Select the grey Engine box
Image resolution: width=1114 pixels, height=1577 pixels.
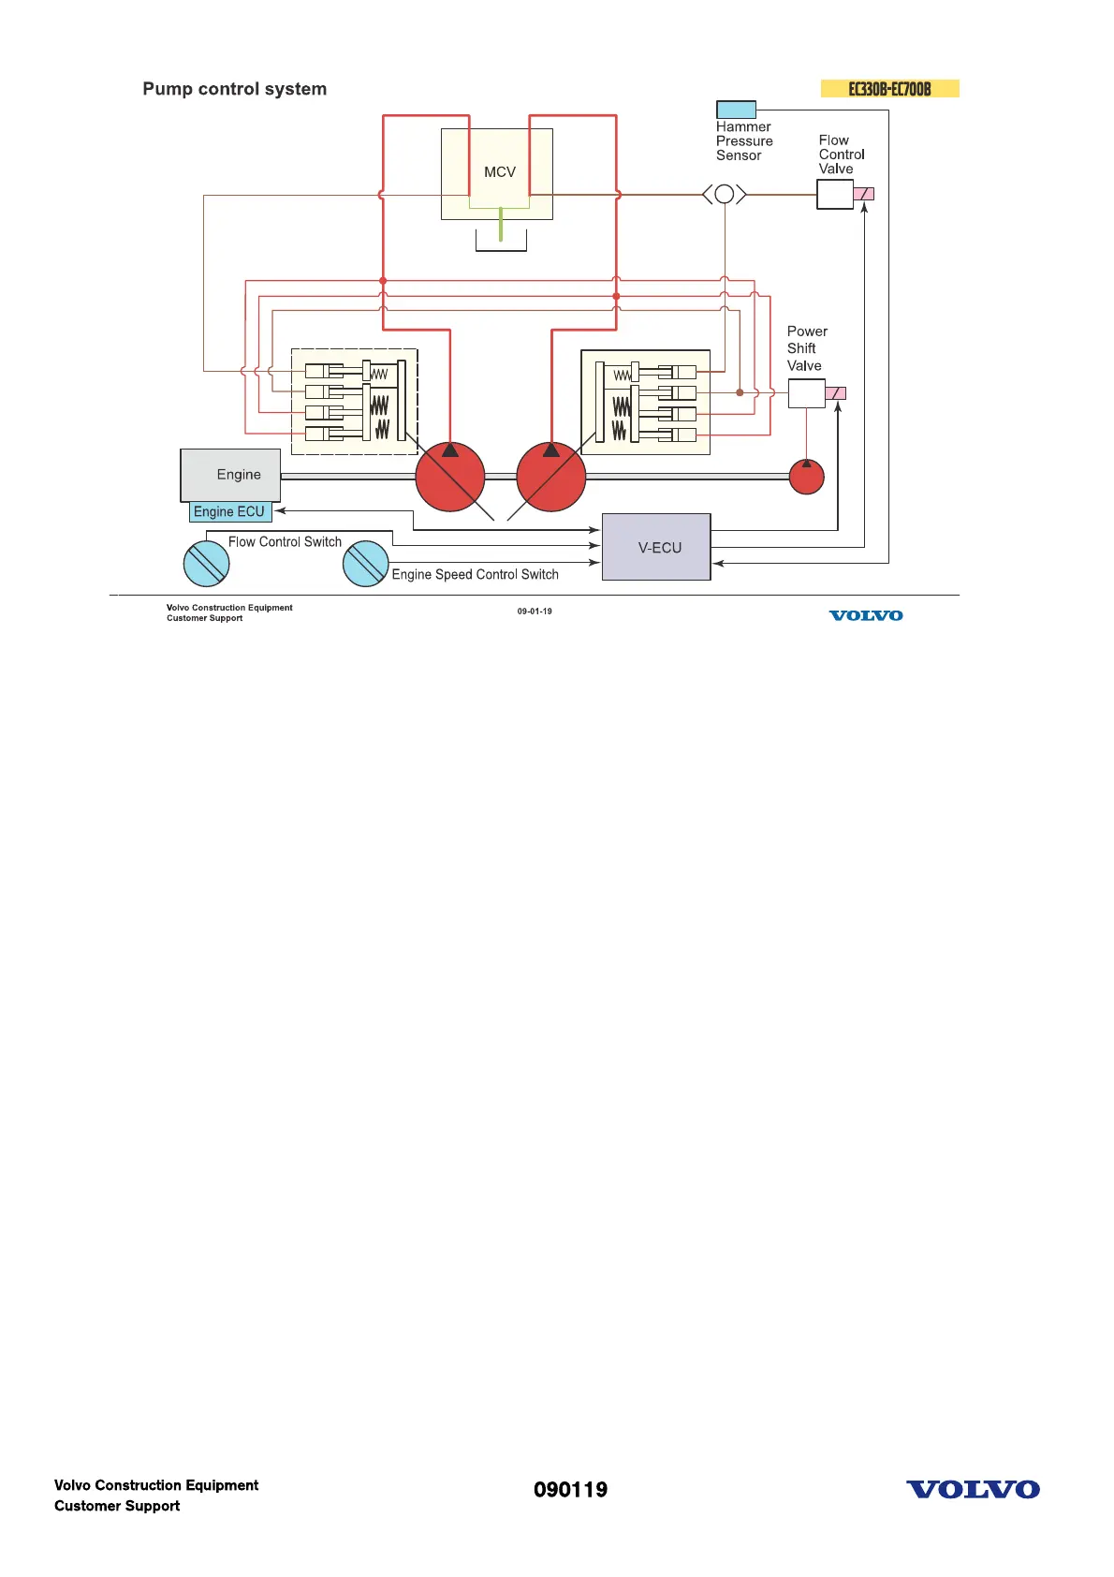pyautogui.click(x=230, y=475)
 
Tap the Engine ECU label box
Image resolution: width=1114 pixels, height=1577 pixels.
pyautogui.click(x=230, y=512)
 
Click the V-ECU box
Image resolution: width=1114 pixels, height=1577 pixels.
pyautogui.click(x=656, y=547)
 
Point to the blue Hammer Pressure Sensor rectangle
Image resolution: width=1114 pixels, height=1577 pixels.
pyautogui.click(x=736, y=110)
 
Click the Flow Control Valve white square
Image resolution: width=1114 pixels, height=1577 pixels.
pyautogui.click(x=834, y=194)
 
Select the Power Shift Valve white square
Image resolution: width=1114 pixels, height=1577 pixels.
pyautogui.click(x=806, y=393)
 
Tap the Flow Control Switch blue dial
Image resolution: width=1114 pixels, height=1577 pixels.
pyautogui.click(x=206, y=564)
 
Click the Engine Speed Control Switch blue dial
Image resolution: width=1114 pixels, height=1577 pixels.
pyautogui.click(x=365, y=564)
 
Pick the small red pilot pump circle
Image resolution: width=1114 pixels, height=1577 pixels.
pyautogui.click(x=806, y=477)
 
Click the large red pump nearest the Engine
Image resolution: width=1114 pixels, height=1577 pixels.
pyautogui.click(x=450, y=477)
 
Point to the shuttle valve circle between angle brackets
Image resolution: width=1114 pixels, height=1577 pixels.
pyautogui.click(x=724, y=195)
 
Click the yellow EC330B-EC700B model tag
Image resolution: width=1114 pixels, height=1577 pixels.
pyautogui.click(x=889, y=89)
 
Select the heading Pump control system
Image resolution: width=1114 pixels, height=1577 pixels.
pyautogui.click(x=235, y=89)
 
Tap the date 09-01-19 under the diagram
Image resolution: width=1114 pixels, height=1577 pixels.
pyautogui.click(x=535, y=612)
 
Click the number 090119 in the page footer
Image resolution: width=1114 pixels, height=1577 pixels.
pyautogui.click(x=570, y=1490)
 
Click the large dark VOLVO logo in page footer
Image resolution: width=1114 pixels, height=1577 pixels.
pyautogui.click(x=973, y=1490)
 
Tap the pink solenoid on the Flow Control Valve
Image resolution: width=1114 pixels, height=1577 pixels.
pyautogui.click(x=863, y=194)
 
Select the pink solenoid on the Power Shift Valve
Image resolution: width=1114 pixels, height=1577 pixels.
pyautogui.click(x=836, y=393)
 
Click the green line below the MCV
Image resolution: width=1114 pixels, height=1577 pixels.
pyautogui.click(x=501, y=225)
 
